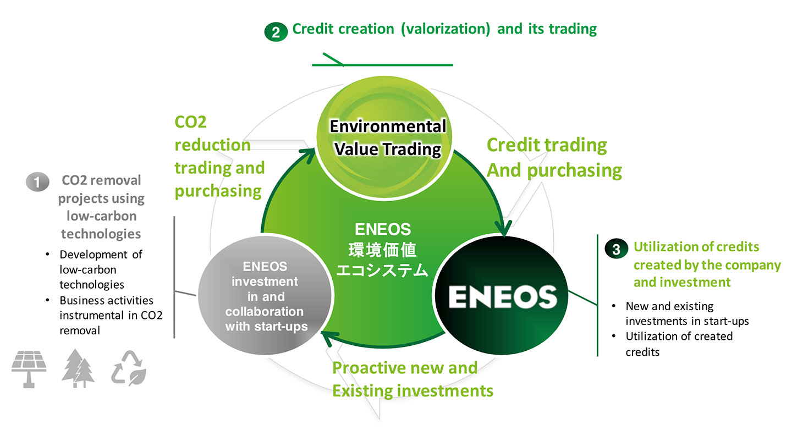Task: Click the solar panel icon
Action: pyautogui.click(x=29, y=369)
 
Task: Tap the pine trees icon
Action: pyautogui.click(x=78, y=368)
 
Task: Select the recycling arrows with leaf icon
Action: pyautogui.click(x=129, y=368)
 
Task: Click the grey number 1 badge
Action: pyautogui.click(x=37, y=182)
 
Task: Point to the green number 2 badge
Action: pyautogui.click(x=276, y=32)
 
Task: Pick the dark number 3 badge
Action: pyautogui.click(x=616, y=249)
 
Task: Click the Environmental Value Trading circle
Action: pyautogui.click(x=384, y=138)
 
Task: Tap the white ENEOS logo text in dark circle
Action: pyautogui.click(x=503, y=296)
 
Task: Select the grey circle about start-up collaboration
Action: pyautogui.click(x=265, y=295)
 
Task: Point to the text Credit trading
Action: pyautogui.click(x=547, y=145)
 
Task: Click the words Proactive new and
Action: pyautogui.click(x=405, y=368)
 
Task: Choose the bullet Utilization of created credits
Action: pyautogui.click(x=679, y=344)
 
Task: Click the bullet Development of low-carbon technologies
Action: pyautogui.click(x=101, y=269)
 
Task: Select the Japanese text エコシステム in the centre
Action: pyautogui.click(x=382, y=271)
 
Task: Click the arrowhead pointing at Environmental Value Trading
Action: pyautogui.click(x=308, y=154)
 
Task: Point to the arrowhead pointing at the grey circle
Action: pyautogui.click(x=329, y=338)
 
